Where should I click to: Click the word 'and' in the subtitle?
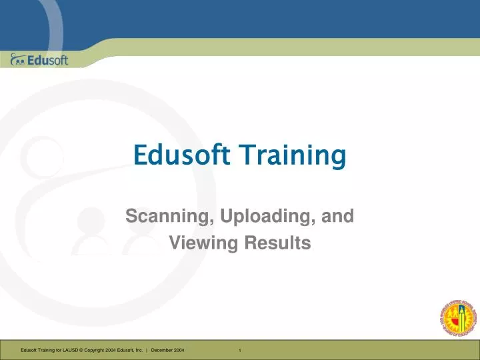coord(338,216)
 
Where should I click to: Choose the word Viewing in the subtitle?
coord(197,244)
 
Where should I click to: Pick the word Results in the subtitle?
coord(279,244)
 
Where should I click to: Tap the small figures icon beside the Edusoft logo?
coord(18,61)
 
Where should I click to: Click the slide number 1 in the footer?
coord(239,351)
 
